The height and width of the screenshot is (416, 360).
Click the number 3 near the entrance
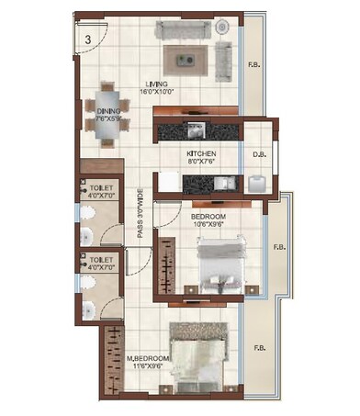coord(87,39)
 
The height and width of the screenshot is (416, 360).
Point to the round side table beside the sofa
coord(222,28)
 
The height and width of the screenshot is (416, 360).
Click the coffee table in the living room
coord(186,62)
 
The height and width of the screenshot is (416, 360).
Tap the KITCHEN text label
coord(202,154)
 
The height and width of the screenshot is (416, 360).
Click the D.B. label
coord(258,154)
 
